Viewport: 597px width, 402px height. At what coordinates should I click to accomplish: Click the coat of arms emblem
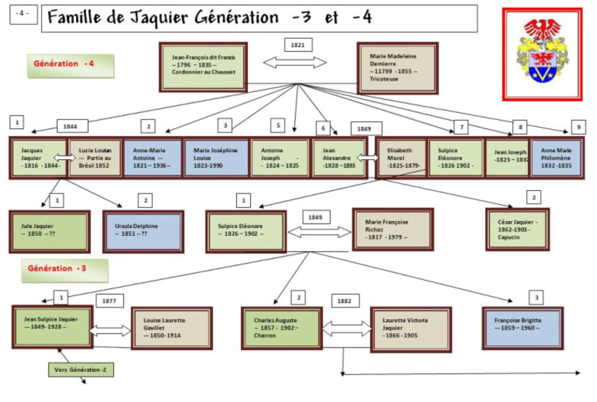tap(542, 55)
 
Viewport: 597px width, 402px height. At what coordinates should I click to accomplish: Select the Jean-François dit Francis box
tap(203, 67)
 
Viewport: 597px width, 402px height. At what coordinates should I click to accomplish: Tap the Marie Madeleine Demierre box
tap(397, 68)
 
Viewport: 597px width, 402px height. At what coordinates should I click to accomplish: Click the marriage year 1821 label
tap(298, 45)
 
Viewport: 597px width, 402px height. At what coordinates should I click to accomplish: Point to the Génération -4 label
tap(70, 65)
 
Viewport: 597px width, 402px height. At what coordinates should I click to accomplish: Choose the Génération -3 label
tap(64, 270)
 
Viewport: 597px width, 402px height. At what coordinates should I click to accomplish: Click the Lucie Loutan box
tap(95, 158)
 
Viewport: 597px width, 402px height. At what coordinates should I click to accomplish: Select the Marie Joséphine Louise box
tap(216, 158)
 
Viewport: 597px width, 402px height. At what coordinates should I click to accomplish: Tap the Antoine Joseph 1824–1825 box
tap(279, 158)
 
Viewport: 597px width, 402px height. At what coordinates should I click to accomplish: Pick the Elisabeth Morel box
tap(401, 158)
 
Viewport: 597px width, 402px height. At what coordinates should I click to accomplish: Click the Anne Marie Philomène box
tap(556, 158)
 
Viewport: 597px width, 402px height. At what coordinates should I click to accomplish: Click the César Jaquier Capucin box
tap(517, 230)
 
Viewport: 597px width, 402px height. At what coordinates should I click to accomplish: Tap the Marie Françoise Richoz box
tap(393, 230)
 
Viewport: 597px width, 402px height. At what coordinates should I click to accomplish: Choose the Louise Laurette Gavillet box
tap(172, 328)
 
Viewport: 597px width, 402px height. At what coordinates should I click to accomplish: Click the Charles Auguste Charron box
tap(281, 328)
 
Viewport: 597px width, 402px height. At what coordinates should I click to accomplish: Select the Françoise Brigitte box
tap(522, 328)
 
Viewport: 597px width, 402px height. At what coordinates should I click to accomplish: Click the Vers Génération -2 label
tap(81, 370)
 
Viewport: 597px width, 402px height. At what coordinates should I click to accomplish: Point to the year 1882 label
tap(345, 301)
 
